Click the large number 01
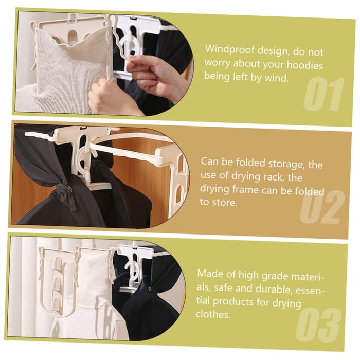[323, 95]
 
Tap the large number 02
[322, 207]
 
